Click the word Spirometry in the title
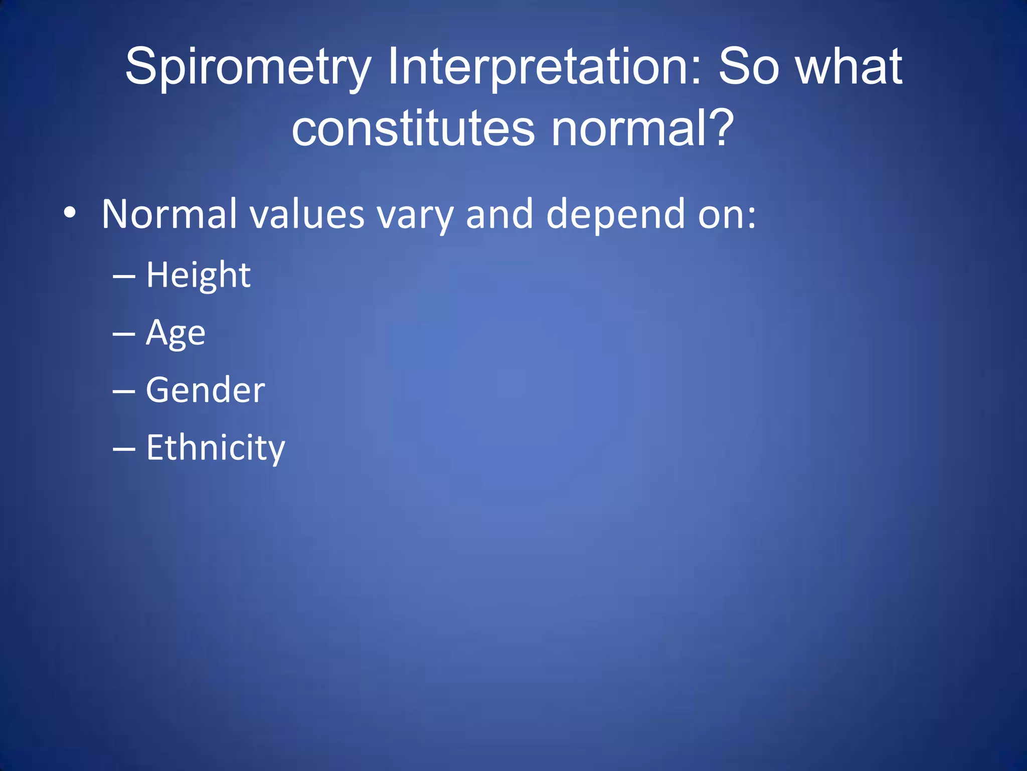[x=248, y=68]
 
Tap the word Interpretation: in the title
[x=545, y=68]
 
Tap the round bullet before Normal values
[x=70, y=214]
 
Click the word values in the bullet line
[x=307, y=214]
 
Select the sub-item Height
[x=198, y=276]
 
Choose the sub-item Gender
[x=205, y=390]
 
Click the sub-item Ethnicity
[x=215, y=448]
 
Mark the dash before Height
[x=124, y=277]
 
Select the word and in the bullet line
[x=499, y=214]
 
